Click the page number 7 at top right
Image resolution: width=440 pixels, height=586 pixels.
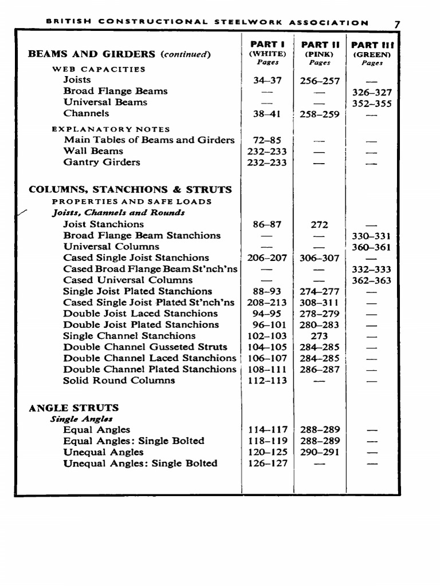tap(397, 24)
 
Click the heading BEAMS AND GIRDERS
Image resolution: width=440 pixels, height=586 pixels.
tap(92, 54)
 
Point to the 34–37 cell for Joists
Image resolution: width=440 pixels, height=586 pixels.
tap(267, 81)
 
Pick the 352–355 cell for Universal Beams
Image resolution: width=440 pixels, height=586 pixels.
tap(372, 104)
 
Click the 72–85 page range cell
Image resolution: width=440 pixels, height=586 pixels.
tap(267, 140)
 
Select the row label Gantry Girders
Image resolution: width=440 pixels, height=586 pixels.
tap(101, 163)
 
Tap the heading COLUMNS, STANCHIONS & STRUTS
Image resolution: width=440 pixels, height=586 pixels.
tap(130, 189)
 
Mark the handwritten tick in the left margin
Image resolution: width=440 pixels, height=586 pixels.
tap(22, 213)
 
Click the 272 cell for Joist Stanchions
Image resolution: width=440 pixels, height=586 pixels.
tap(319, 225)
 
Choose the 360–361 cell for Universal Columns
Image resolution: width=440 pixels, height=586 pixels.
tap(372, 247)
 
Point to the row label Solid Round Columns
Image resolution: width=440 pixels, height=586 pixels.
tap(119, 381)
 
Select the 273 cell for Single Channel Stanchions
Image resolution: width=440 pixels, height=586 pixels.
tap(319, 336)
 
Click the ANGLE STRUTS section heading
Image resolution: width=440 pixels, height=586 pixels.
tap(74, 408)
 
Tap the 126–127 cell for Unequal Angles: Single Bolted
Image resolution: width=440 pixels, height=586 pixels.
tap(267, 464)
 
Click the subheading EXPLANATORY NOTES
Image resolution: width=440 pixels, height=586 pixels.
tap(111, 129)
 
